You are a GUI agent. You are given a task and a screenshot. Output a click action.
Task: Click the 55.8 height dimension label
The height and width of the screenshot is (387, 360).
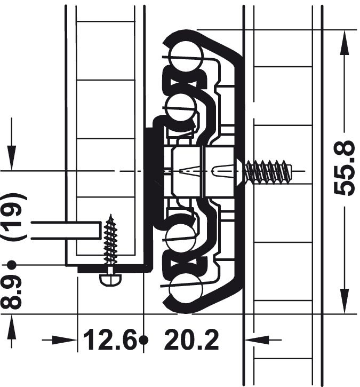pyautogui.click(x=344, y=168)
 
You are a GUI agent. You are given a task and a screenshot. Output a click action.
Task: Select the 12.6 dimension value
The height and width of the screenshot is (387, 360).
pyautogui.click(x=110, y=340)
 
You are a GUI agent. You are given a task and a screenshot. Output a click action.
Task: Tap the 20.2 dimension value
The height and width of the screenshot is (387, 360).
pyautogui.click(x=191, y=340)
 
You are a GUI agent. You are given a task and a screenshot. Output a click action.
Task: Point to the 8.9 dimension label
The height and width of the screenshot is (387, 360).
pyautogui.click(x=11, y=292)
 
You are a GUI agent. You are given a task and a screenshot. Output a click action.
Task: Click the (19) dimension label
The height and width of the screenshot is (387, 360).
pyautogui.click(x=14, y=217)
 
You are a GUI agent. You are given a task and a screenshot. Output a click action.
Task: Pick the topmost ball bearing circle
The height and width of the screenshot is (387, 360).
pyautogui.click(x=186, y=56)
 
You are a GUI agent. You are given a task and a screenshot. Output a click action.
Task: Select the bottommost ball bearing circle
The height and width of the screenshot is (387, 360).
pyautogui.click(x=185, y=288)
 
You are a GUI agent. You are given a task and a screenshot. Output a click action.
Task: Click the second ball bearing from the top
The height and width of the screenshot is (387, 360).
pyautogui.click(x=180, y=108)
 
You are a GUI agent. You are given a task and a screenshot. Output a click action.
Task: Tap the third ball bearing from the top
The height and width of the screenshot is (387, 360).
pyautogui.click(x=180, y=238)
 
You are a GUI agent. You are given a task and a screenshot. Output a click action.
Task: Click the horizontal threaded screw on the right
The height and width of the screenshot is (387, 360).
pyautogui.click(x=264, y=171)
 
